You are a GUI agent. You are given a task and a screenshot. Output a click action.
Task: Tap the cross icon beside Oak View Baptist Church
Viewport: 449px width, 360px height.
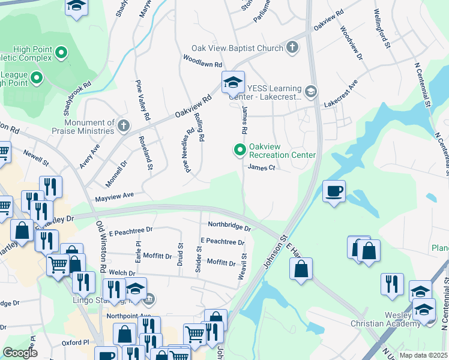pos(292,48)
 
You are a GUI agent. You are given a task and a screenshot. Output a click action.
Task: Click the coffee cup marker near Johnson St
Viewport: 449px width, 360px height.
pos(334,192)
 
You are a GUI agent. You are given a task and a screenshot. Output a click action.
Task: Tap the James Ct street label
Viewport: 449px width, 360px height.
pos(261,168)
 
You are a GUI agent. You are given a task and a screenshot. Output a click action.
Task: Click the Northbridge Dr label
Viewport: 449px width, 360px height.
pos(229,226)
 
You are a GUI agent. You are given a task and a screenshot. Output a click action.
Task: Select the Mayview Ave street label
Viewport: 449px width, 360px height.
pos(114,196)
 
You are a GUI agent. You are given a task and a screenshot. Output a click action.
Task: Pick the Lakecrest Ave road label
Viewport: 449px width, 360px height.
pos(341,94)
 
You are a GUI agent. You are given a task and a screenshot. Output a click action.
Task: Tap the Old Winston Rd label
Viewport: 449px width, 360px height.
pos(101,246)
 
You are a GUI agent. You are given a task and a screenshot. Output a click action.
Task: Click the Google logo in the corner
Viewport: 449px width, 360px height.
pos(20,352)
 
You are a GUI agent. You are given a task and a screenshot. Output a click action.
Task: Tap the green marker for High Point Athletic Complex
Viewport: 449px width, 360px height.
pos(61,54)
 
